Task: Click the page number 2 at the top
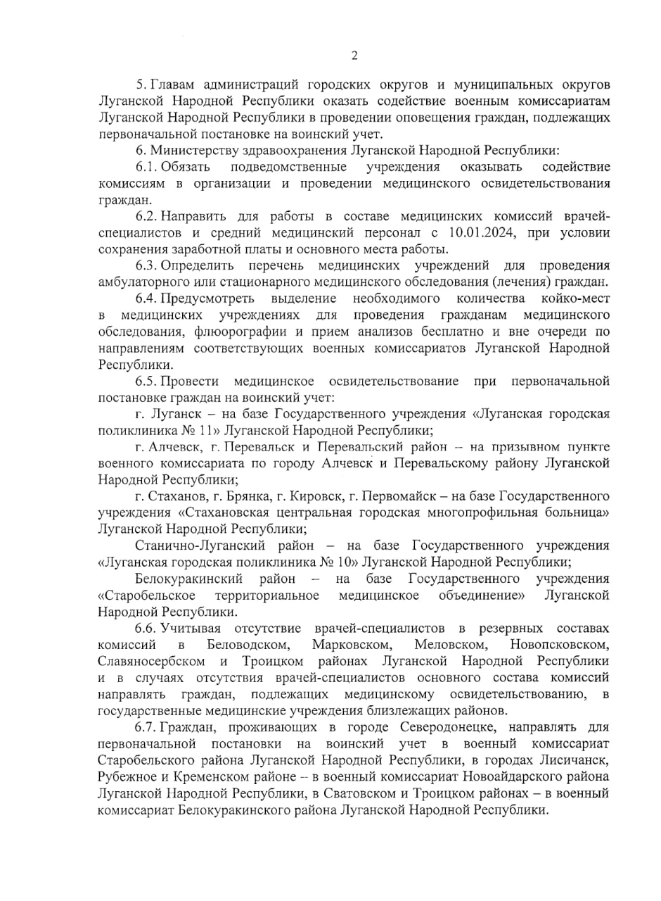tap(354, 56)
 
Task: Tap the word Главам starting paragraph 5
tap(174, 85)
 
